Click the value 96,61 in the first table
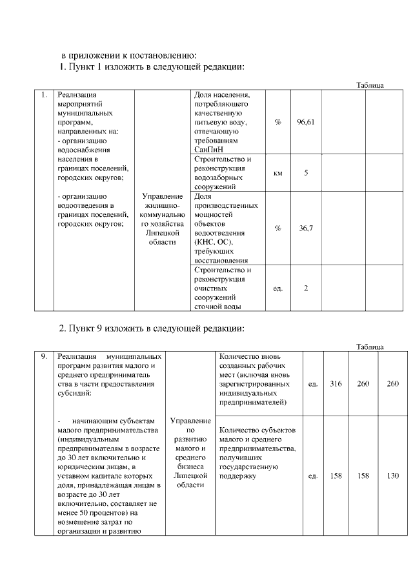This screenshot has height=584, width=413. (x=306, y=122)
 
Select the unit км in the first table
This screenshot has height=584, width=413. (x=278, y=173)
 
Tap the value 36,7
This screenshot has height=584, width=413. (x=306, y=228)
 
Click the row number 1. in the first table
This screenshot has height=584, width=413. (x=43, y=96)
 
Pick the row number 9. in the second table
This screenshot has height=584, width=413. (x=43, y=356)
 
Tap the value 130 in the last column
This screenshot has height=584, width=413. (x=393, y=476)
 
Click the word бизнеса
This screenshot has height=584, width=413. (x=189, y=467)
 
